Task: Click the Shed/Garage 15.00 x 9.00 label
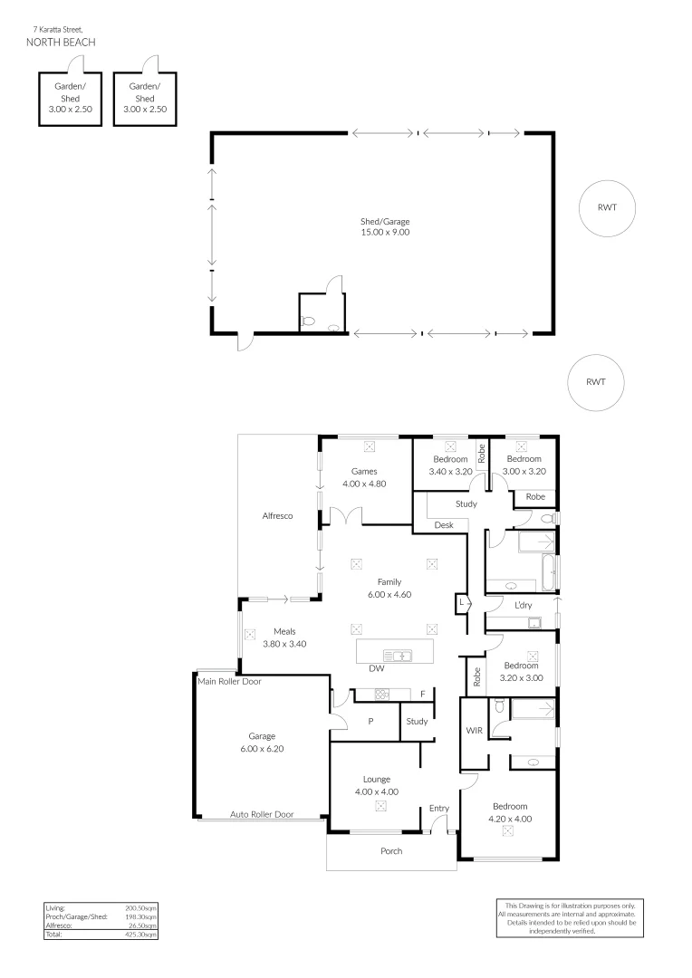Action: [x=385, y=226]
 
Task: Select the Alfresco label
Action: [x=276, y=515]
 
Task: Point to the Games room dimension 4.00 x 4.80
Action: [x=365, y=484]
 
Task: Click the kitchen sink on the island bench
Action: [x=397, y=655]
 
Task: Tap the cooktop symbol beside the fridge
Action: [x=381, y=695]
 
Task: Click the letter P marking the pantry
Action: [x=370, y=722]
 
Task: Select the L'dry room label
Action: [x=523, y=604]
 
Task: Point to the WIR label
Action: [x=474, y=729]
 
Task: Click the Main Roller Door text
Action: [x=229, y=681]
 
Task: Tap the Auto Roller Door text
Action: [x=262, y=814]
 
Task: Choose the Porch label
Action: [x=391, y=851]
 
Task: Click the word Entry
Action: [x=439, y=809]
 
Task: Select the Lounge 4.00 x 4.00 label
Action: [x=376, y=785]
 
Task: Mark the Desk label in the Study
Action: [x=444, y=524]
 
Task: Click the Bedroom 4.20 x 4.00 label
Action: [x=510, y=812]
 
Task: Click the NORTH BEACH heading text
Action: [x=61, y=42]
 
